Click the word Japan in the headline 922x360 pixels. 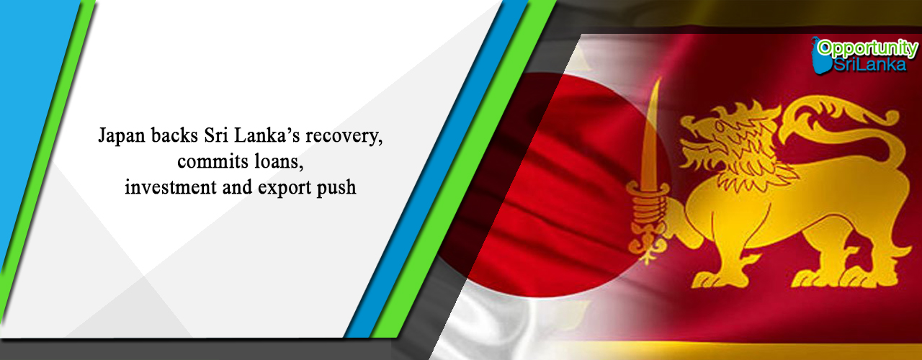point(122,136)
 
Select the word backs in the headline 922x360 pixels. point(174,135)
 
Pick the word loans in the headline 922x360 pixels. point(277,161)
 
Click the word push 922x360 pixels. point(336,189)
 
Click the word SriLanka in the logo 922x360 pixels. point(870,65)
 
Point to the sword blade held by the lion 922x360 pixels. point(652,132)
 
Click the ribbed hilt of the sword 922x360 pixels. point(649,202)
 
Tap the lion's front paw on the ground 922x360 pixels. point(712,280)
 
